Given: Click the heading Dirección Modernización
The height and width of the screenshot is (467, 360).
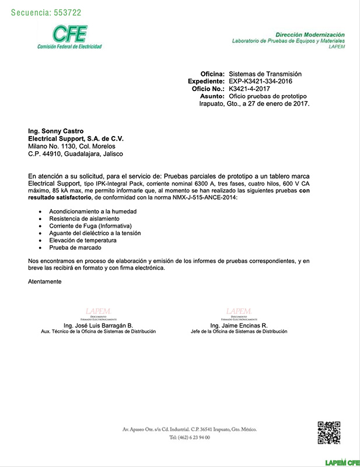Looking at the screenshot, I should pos(310,36).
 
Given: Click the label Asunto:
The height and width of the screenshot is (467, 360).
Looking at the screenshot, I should pos(212,96).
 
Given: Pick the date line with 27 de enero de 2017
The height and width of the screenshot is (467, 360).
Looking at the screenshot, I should pos(254,103).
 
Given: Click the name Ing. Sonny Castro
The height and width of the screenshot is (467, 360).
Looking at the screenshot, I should pos(55,131).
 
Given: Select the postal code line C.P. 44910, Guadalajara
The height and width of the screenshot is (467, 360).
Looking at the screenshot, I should pos(75,154).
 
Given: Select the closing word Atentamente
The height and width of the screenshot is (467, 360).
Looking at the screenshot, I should pos(44,281).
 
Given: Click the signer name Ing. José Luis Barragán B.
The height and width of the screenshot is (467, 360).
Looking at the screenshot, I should pos(98,325).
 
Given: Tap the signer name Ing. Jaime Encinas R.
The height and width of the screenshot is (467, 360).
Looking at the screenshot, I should pos(239,325).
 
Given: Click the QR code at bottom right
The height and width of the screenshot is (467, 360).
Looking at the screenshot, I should pos(328,433).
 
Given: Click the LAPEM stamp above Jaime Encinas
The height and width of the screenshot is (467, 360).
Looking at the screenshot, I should pos(239,312).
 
